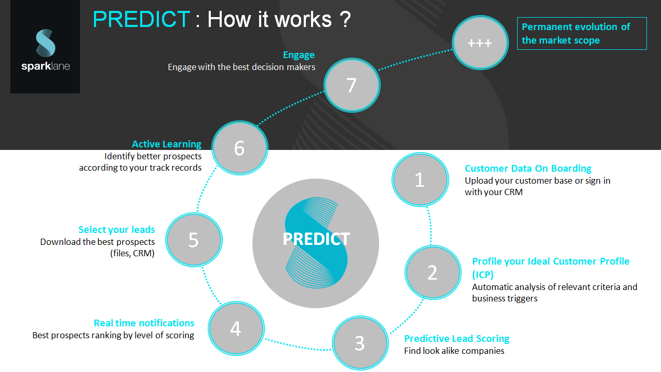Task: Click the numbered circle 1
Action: pos(420,180)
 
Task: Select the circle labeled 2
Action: pos(433,272)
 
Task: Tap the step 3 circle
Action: pos(360,343)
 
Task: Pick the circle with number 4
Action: pos(236,328)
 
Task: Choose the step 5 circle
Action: pos(194,240)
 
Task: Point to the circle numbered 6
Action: pos(240,148)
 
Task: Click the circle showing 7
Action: pos(352,85)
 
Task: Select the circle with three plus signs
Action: pos(480,43)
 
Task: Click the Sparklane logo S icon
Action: pos(46,43)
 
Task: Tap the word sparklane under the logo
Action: pos(46,66)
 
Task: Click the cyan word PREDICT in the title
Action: pos(141,19)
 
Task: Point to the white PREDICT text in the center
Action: pos(316,239)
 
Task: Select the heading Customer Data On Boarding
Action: pos(528,168)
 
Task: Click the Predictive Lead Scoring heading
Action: pos(456,339)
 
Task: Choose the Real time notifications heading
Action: pos(144,323)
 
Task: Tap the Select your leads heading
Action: pos(116,230)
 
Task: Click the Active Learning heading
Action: pos(167,144)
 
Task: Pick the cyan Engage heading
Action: pos(299,55)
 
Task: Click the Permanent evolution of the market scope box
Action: pos(582,34)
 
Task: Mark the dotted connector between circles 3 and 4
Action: pos(298,346)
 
